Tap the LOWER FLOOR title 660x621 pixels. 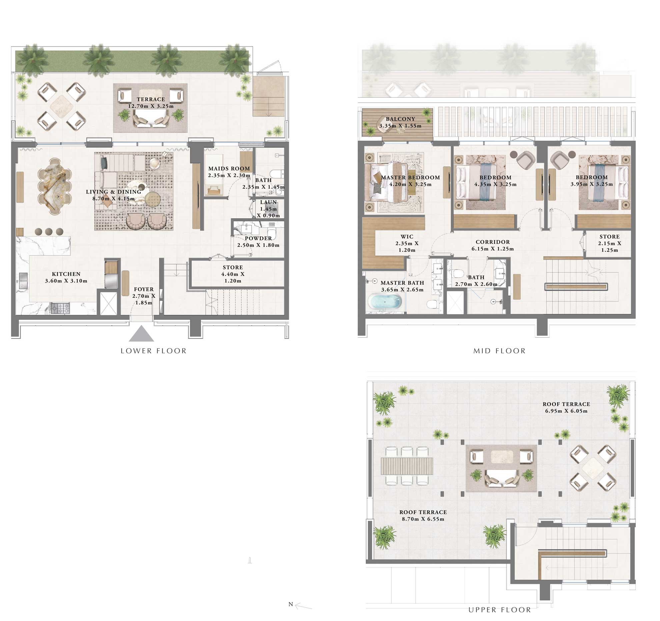pos(153,351)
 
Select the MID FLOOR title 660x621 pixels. pos(499,351)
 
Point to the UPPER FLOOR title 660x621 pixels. pos(499,610)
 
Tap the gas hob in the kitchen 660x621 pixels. pos(60,309)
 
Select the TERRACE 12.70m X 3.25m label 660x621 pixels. pos(151,103)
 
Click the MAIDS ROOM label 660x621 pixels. pos(229,169)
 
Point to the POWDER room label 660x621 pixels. pos(258,238)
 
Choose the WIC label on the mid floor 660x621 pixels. pos(407,237)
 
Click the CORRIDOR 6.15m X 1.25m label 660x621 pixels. pos(492,245)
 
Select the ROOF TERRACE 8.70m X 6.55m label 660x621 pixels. pos(423,515)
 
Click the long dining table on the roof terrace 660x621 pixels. pos(407,466)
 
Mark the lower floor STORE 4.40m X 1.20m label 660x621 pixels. pos(233,274)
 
